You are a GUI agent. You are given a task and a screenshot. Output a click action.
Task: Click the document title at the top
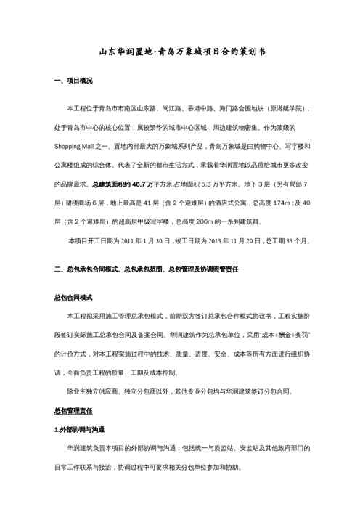tap(180, 52)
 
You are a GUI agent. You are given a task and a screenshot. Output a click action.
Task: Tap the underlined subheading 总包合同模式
tap(73, 298)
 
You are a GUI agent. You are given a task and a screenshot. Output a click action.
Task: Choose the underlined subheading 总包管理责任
tap(73, 412)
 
